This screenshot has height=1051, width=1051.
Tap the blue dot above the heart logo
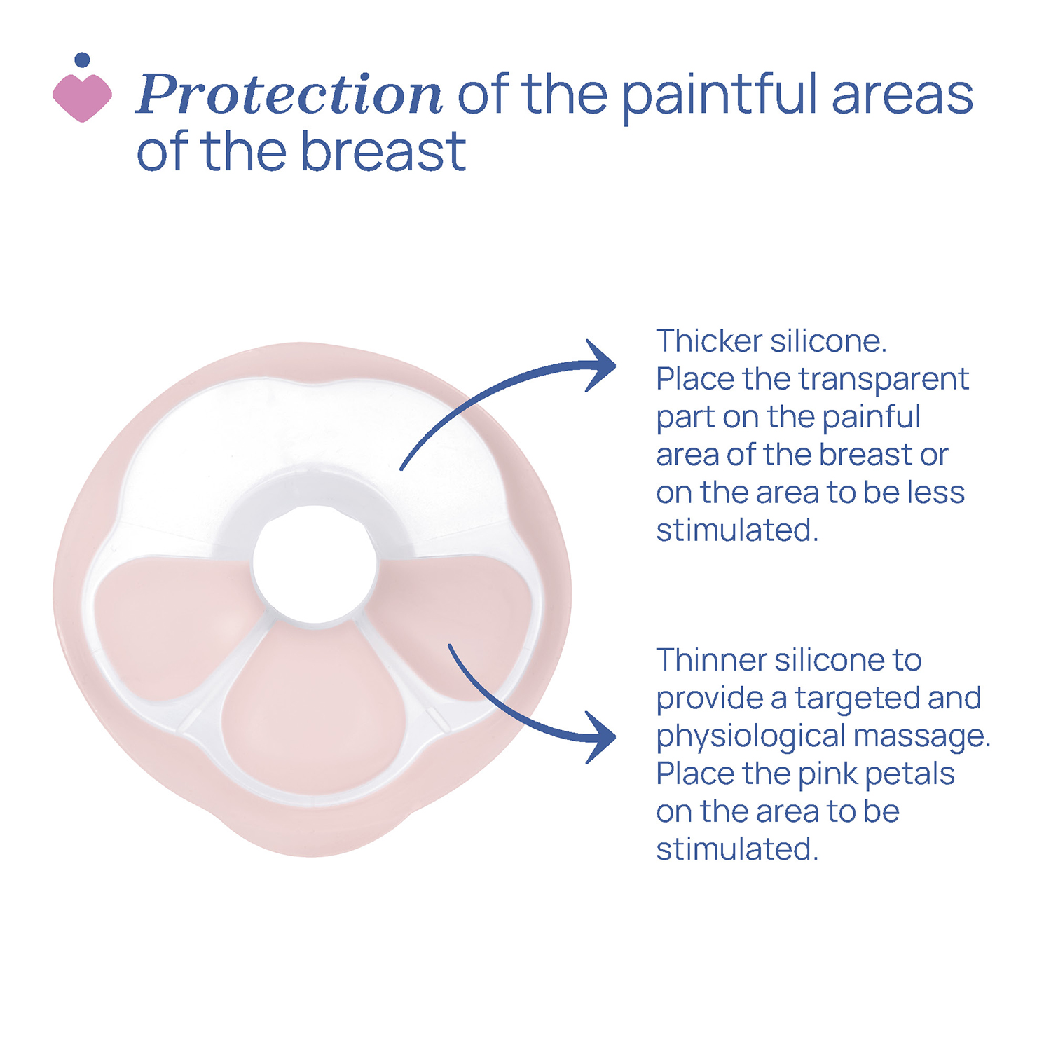(82, 60)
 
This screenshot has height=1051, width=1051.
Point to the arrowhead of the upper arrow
(601, 366)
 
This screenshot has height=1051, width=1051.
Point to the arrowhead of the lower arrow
(601, 737)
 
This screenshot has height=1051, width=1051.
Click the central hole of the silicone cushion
(315, 563)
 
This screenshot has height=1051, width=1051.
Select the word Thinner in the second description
(710, 660)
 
